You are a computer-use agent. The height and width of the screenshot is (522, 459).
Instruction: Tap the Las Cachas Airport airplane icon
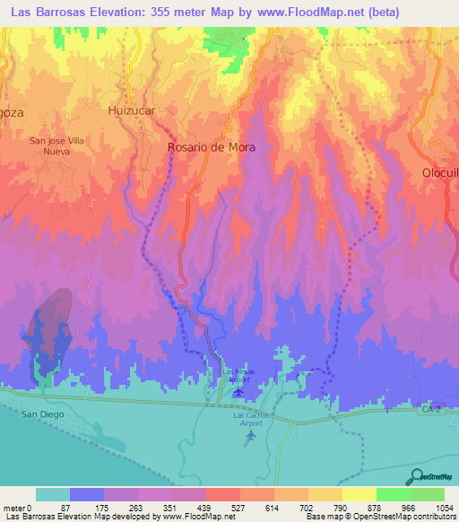pyautogui.click(x=250, y=436)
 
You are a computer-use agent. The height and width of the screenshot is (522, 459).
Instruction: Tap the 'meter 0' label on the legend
pyautogui.click(x=18, y=507)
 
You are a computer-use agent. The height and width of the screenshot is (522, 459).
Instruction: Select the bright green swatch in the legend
pyautogui.click(x=393, y=494)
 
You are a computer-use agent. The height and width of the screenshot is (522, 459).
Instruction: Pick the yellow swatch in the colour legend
pyautogui.click(x=359, y=494)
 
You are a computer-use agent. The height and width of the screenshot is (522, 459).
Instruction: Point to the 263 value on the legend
pyautogui.click(x=118, y=507)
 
